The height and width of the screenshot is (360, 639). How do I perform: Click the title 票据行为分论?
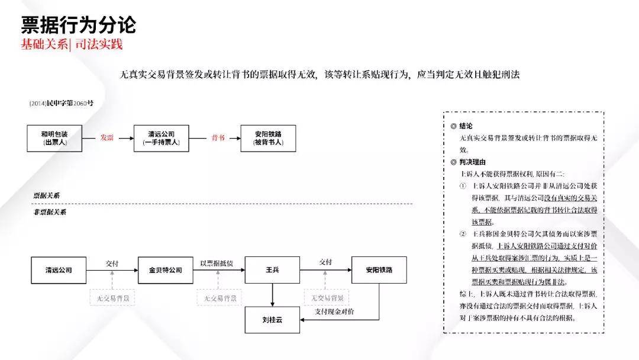pyautogui.click(x=78, y=25)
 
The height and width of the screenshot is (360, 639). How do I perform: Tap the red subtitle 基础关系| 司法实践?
pyautogui.click(x=72, y=44)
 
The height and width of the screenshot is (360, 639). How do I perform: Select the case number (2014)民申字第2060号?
pyautogui.click(x=61, y=103)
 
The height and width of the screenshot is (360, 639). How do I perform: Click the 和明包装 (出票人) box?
pyautogui.click(x=54, y=138)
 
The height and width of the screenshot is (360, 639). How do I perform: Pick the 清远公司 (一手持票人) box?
pyautogui.click(x=162, y=138)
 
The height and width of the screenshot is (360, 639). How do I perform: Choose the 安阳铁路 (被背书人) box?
pyautogui.click(x=268, y=138)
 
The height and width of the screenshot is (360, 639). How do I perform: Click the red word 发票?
pyautogui.click(x=106, y=138)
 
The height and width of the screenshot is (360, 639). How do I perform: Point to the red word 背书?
pyautogui.click(x=218, y=138)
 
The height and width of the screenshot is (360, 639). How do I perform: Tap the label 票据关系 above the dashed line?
pyautogui.click(x=47, y=196)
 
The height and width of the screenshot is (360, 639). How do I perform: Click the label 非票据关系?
pyautogui.click(x=50, y=212)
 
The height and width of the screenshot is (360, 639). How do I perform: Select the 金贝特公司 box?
pyautogui.click(x=166, y=270)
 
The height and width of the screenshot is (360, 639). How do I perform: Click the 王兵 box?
pyautogui.click(x=272, y=270)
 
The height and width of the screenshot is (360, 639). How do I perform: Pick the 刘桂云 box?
pyautogui.click(x=272, y=320)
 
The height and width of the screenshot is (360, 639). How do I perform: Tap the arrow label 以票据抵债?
pyautogui.click(x=217, y=263)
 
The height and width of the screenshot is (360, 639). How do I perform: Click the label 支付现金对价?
pyautogui.click(x=334, y=311)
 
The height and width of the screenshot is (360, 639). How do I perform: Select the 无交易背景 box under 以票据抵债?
pyautogui.click(x=220, y=298)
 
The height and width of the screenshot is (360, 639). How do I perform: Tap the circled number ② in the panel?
pyautogui.click(x=463, y=234)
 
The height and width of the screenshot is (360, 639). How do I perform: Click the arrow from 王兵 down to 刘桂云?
pyautogui.click(x=272, y=295)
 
